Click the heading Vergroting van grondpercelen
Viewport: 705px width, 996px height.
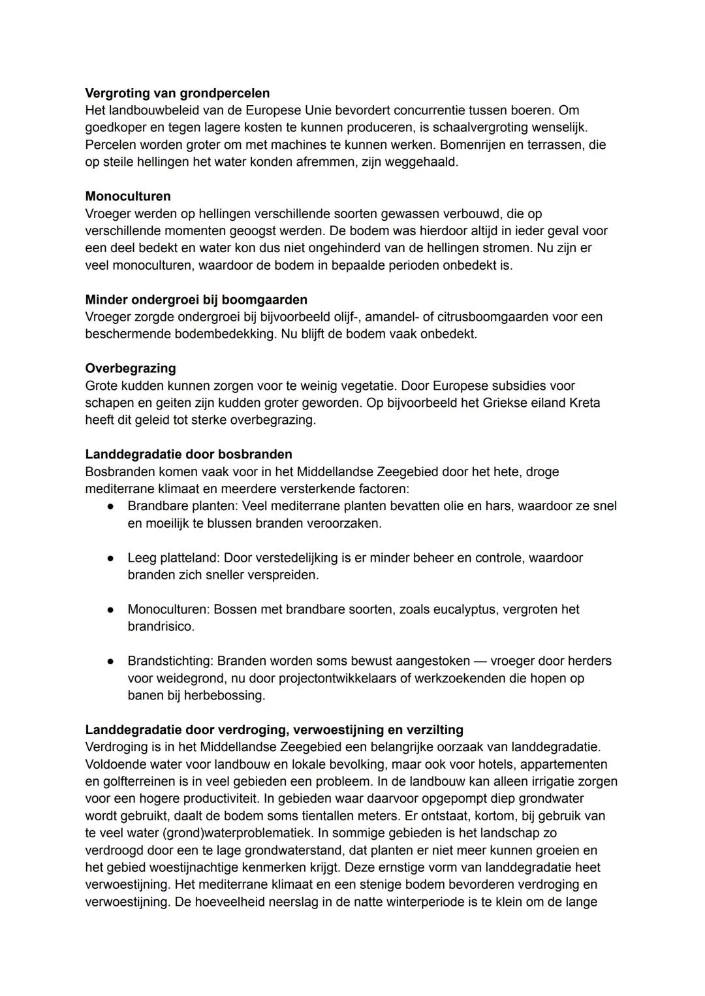177,93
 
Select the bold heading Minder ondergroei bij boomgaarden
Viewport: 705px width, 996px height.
196,300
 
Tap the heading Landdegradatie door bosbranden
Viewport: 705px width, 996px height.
189,454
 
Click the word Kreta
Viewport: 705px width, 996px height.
583,403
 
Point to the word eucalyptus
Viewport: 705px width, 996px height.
450,609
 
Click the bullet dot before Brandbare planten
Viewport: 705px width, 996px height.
112,506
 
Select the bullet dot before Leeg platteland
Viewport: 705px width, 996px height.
112,558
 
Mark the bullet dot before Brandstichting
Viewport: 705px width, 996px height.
112,661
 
